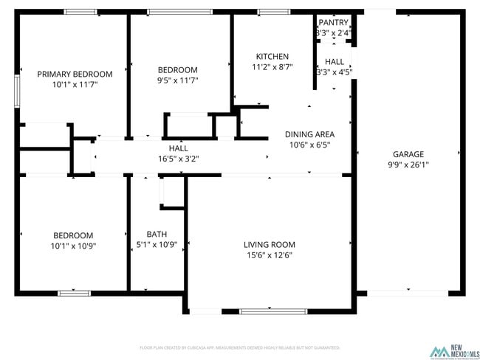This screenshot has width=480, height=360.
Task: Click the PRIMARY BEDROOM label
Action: tap(75, 74)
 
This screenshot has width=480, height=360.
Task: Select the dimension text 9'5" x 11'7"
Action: tap(177, 80)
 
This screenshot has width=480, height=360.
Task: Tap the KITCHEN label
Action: tap(272, 57)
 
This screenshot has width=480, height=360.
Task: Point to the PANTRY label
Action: tap(333, 22)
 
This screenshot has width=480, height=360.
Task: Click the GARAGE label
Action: tap(408, 154)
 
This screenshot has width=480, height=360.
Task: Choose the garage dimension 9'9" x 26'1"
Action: tap(408, 165)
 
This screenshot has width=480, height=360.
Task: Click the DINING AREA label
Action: tap(310, 134)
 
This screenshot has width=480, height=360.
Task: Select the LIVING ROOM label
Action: tap(270, 245)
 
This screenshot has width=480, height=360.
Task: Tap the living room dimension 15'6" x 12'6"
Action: tap(270, 255)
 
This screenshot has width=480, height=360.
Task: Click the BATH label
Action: tap(157, 234)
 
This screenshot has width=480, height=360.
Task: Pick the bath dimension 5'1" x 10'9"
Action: tap(157, 245)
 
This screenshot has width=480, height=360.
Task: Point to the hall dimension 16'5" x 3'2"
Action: tap(178, 158)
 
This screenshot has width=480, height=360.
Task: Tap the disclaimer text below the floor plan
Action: tap(239, 347)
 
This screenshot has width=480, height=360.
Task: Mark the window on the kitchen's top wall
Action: tap(273, 12)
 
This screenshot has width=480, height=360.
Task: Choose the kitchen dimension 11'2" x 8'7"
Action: tap(272, 67)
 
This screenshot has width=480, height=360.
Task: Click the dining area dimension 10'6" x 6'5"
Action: tap(310, 145)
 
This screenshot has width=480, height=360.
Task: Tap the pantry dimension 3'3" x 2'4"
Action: tap(333, 33)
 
